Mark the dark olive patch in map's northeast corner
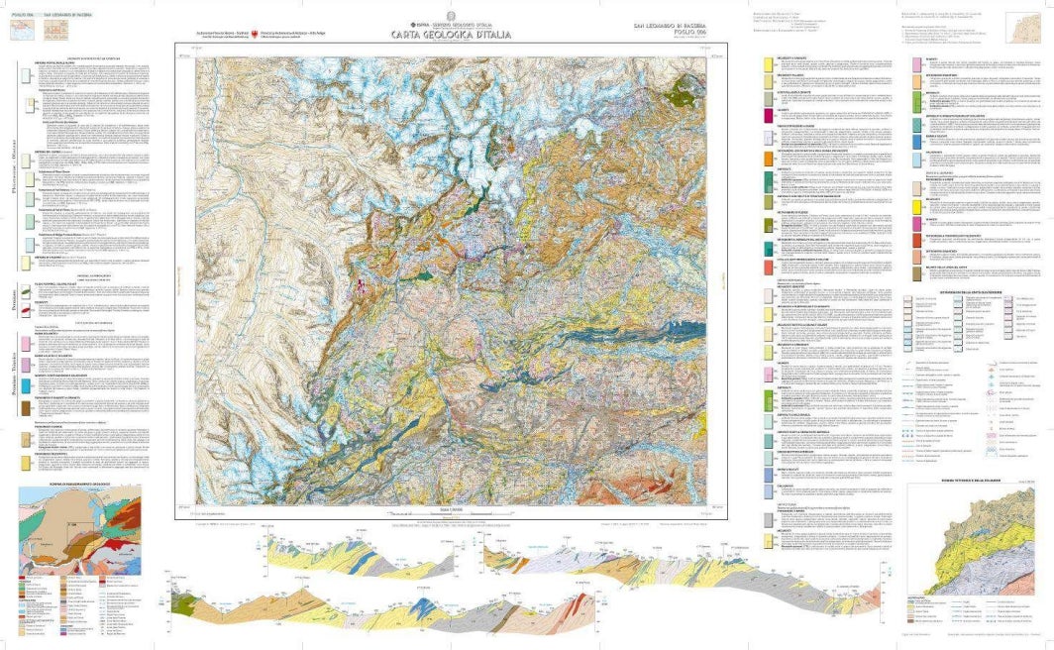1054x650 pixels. [682, 97]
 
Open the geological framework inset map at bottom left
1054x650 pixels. [79, 535]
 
